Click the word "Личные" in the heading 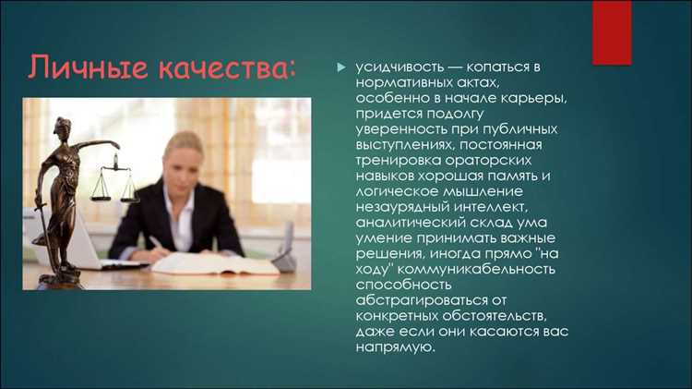point(79,67)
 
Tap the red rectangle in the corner point(611,32)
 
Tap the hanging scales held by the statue point(113,182)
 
